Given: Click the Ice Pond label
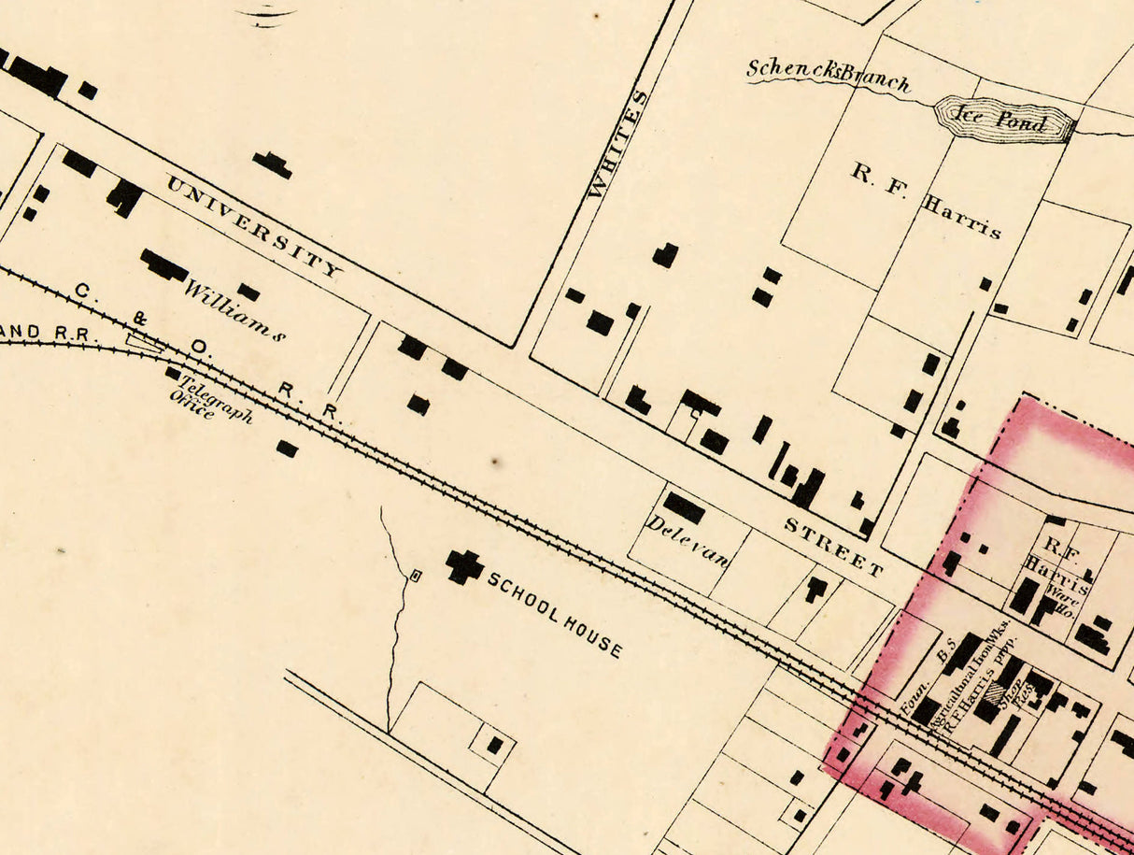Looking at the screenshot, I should click(x=1003, y=119).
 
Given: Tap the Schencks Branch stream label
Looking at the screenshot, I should click(x=828, y=76).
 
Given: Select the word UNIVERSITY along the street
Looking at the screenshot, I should click(x=253, y=227).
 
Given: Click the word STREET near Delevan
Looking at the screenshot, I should click(x=833, y=547).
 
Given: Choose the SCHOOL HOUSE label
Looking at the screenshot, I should click(x=555, y=614).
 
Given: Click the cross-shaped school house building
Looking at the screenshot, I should click(x=463, y=565).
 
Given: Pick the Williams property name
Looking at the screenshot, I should click(x=234, y=309).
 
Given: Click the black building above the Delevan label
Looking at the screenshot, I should click(x=684, y=507).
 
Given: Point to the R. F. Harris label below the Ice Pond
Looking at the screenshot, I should click(x=926, y=200).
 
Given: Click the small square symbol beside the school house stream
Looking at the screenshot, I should click(x=416, y=577).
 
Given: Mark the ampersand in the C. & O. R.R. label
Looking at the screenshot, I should click(x=140, y=318).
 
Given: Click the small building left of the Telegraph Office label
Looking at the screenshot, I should click(x=173, y=374).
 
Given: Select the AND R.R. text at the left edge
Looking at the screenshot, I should click(x=40, y=332).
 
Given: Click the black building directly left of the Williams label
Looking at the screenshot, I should click(x=163, y=265).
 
